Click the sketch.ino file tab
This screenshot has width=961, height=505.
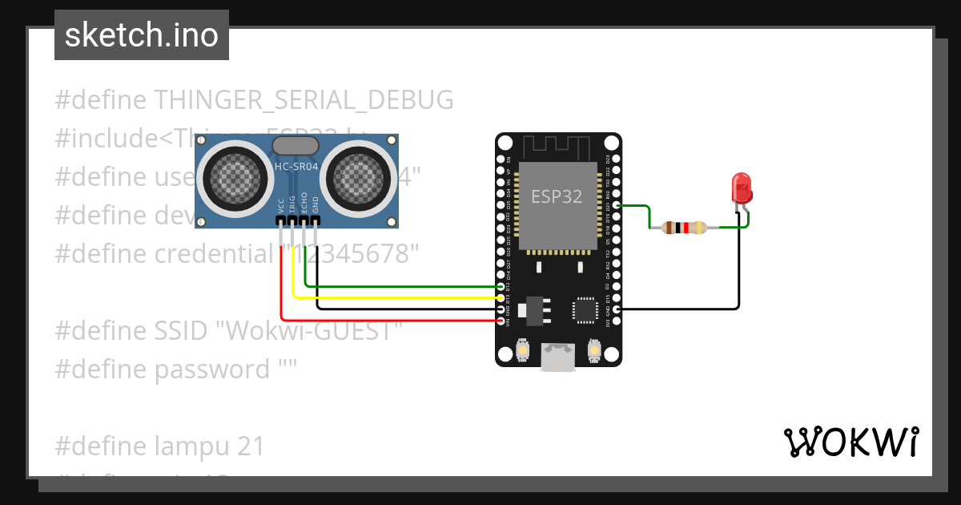(141, 35)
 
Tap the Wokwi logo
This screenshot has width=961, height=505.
(850, 442)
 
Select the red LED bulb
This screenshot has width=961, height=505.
(742, 189)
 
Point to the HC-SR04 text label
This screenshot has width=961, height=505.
(296, 166)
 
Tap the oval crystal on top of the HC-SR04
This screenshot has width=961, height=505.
(296, 145)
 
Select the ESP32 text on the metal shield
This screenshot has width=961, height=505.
(557, 196)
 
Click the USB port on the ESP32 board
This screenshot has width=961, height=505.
(557, 358)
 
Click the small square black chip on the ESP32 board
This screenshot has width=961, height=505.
(584, 311)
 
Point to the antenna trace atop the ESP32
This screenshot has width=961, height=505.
(557, 148)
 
